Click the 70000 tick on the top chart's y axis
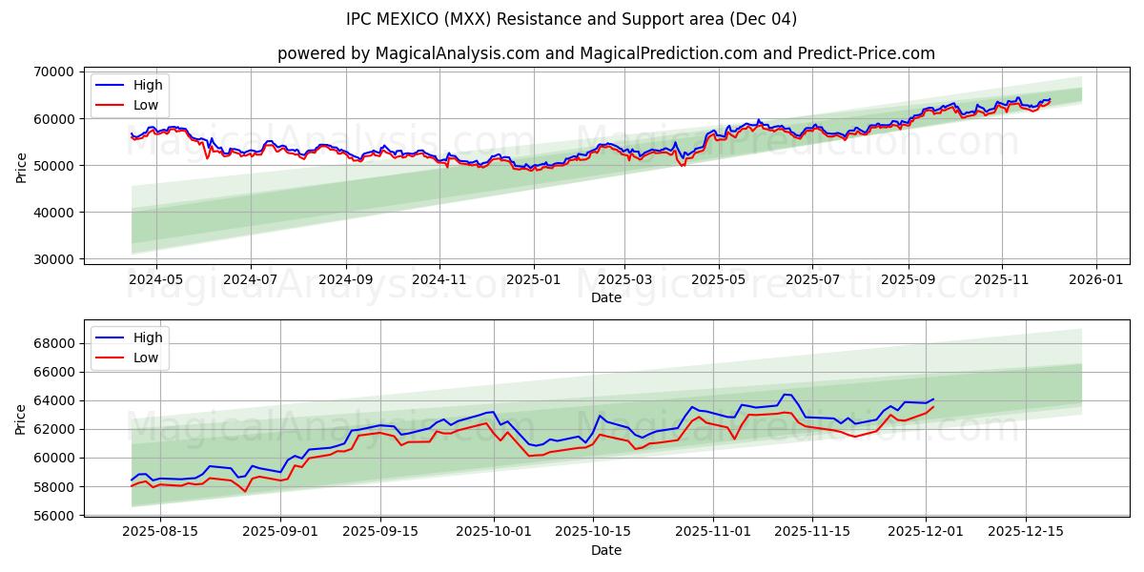(x=54, y=71)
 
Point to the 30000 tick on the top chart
(x=54, y=259)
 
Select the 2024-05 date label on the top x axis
(x=155, y=280)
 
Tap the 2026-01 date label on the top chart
(x=1095, y=280)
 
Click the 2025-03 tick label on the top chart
(x=625, y=280)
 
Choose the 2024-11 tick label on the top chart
(x=439, y=280)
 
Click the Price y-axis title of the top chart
(x=22, y=166)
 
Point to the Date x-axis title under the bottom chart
(x=605, y=550)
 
